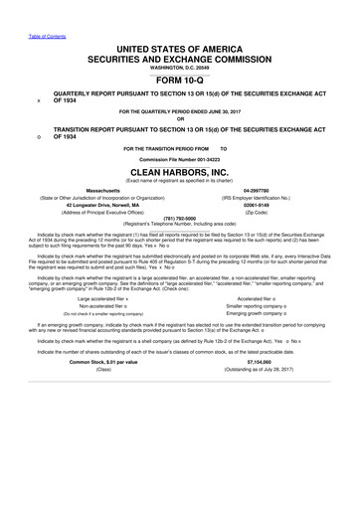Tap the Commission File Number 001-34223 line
click(x=180, y=158)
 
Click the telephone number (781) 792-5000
click(x=180, y=219)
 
